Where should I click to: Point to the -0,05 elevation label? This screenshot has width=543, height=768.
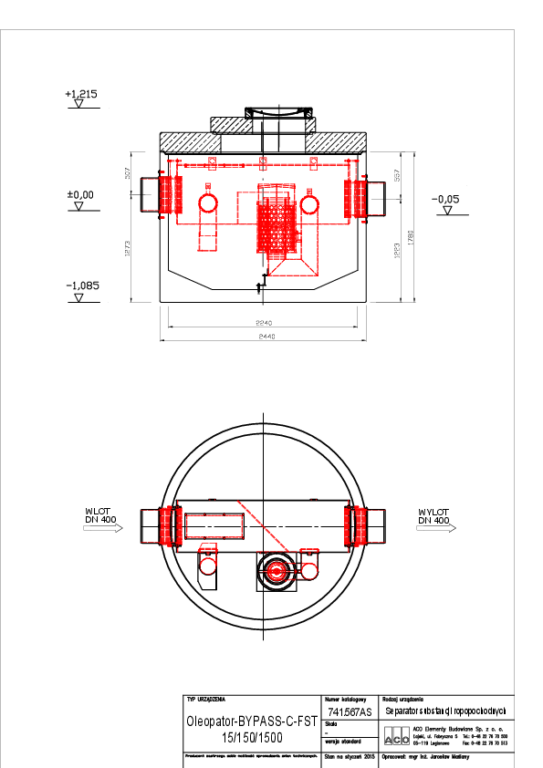pyautogui.click(x=445, y=199)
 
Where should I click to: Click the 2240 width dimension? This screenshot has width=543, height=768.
pyautogui.click(x=265, y=324)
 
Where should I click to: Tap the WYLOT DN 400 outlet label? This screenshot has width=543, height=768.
pyautogui.click(x=433, y=516)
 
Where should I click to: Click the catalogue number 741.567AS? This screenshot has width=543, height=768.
pyautogui.click(x=349, y=711)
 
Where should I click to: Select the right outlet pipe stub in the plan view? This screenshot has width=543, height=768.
pyautogui.click(x=375, y=527)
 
